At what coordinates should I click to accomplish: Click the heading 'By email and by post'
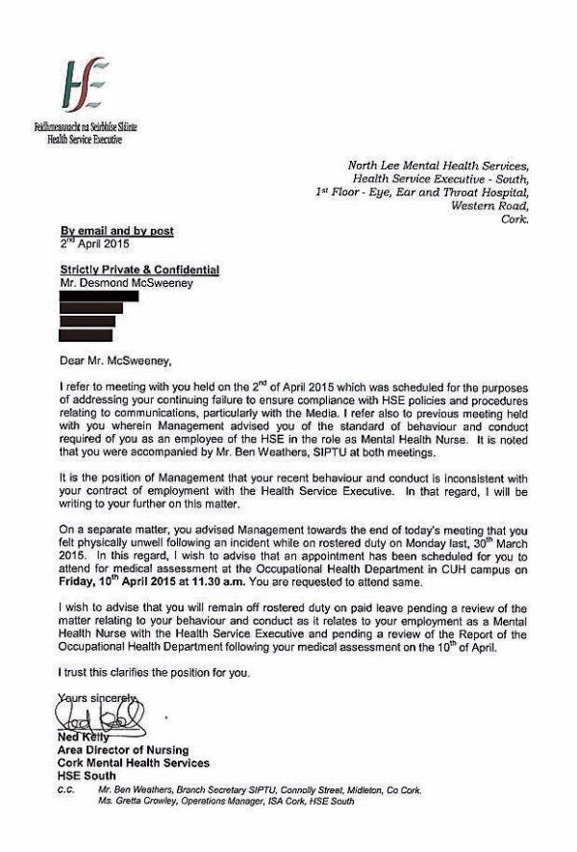(x=117, y=230)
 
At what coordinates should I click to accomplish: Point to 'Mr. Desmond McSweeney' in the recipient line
(x=127, y=281)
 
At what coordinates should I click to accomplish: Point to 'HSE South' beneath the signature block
(x=88, y=776)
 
